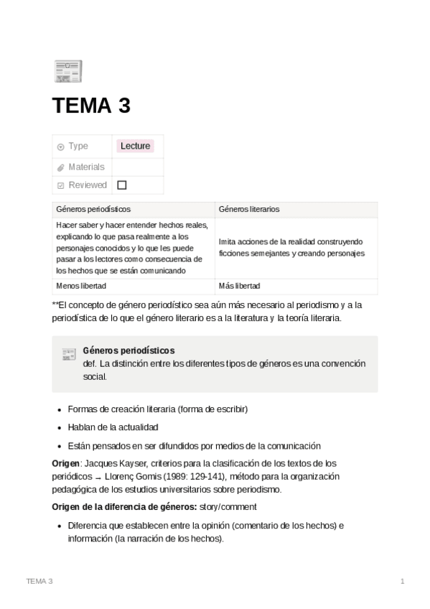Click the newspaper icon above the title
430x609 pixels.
[68, 70]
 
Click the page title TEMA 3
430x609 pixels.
[91, 106]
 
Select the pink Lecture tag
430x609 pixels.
[136, 146]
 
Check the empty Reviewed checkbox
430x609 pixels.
[121, 185]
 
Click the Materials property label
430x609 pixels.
[86, 167]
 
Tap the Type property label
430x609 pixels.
[78, 146]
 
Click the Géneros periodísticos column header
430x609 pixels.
[93, 210]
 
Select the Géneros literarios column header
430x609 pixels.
[249, 210]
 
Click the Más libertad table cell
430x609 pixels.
[240, 286]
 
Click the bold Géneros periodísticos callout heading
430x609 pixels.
[128, 350]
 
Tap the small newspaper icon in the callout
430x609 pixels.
[69, 353]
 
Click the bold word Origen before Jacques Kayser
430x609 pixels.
[66, 463]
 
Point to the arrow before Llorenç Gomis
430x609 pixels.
[97, 477]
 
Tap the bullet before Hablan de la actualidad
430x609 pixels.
[59, 427]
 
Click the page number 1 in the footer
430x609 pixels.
[403, 580]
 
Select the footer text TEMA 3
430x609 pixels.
[39, 580]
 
